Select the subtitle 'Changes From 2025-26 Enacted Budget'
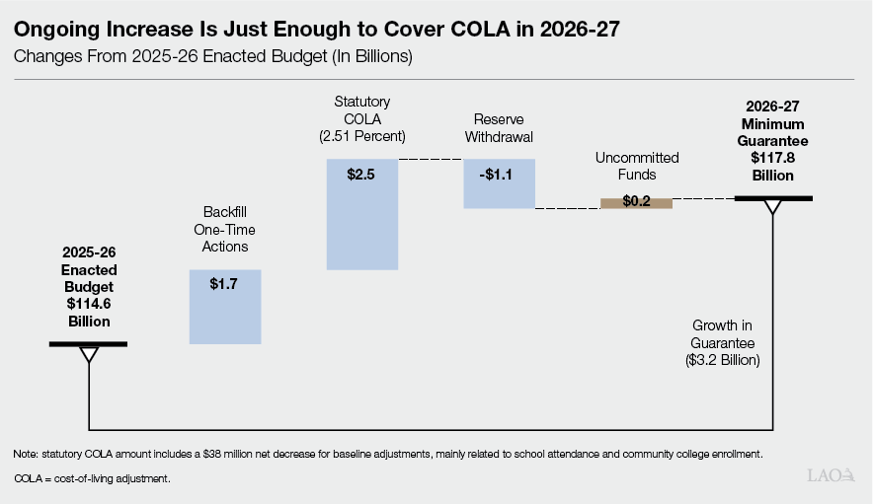212,57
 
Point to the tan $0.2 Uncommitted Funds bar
636,203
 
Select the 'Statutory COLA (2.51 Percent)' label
361,118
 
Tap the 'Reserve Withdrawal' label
499,128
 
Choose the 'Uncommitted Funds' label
636,166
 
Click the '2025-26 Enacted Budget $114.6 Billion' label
89,287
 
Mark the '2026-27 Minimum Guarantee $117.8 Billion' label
773,140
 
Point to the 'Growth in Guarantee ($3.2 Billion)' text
723,342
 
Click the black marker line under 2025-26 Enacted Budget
89,343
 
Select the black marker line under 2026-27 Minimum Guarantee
773,198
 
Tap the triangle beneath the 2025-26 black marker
89,353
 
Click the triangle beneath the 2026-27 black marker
773,207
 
